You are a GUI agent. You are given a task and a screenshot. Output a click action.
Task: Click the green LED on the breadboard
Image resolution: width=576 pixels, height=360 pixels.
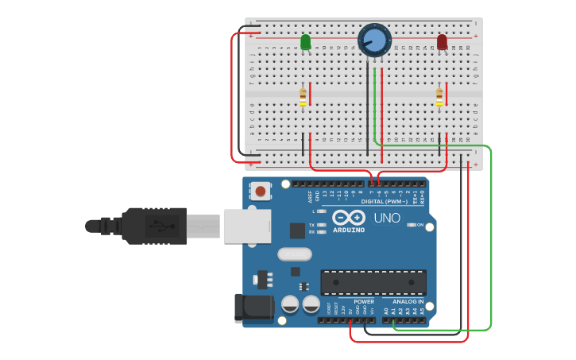click(306, 41)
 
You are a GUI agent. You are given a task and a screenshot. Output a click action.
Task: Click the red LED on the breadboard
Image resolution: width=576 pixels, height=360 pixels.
click(442, 41)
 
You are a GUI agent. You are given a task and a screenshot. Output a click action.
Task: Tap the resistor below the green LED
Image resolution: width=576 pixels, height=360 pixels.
click(303, 96)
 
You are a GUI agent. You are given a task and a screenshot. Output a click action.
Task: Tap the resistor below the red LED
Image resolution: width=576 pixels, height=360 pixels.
click(439, 96)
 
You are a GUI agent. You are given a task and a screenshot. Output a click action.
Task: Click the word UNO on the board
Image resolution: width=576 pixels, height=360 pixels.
click(386, 218)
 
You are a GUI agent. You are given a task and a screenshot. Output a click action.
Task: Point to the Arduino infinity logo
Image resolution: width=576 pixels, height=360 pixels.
click(349, 217)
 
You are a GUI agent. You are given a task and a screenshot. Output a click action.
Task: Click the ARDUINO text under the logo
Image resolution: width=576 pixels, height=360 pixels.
click(349, 230)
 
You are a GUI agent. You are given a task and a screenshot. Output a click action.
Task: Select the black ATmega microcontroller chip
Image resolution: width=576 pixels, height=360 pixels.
click(373, 282)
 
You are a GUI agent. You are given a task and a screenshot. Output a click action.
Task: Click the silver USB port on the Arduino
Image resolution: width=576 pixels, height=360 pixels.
click(247, 226)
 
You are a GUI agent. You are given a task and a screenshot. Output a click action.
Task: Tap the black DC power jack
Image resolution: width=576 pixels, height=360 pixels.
click(253, 308)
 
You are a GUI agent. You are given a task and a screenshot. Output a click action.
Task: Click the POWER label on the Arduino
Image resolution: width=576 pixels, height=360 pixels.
click(364, 302)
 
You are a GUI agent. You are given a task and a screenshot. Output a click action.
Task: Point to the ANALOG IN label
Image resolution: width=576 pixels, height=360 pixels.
click(408, 302)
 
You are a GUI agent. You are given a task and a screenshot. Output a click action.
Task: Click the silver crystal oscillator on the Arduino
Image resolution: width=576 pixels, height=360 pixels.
click(294, 254)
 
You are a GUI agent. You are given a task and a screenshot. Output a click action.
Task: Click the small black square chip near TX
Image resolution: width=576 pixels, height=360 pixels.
click(297, 230)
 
